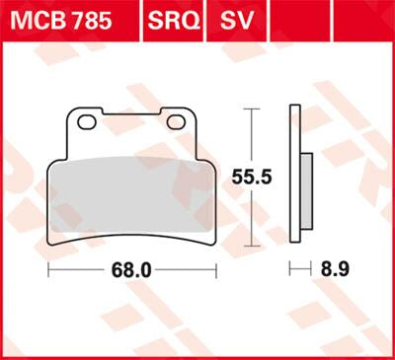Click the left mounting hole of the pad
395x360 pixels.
pyautogui.click(x=86, y=122)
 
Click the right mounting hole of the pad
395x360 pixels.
pyautogui.click(x=177, y=122)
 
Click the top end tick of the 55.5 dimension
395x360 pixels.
pyautogui.click(x=257, y=108)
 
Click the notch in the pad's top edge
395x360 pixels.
pyautogui.click(x=131, y=110)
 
